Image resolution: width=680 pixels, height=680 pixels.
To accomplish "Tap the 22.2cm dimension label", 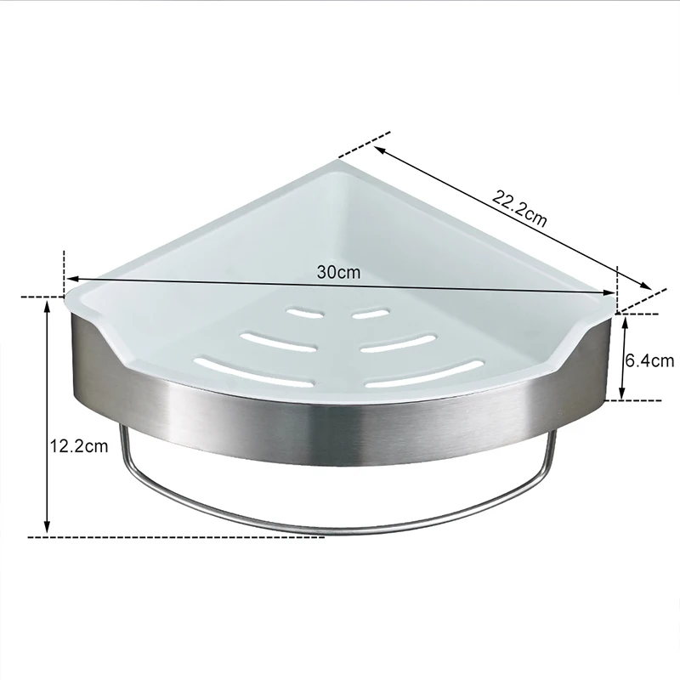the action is pyautogui.click(x=519, y=207).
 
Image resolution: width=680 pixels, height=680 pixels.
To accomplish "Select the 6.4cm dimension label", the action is pyautogui.click(x=649, y=360).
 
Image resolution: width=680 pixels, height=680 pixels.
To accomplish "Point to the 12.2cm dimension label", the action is pyautogui.click(x=79, y=445).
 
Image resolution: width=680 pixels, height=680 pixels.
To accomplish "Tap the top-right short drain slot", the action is pyautogui.click(x=371, y=313).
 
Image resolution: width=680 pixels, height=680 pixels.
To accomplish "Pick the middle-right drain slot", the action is pyautogui.click(x=398, y=343).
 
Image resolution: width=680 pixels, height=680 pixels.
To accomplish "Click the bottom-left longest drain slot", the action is pyautogui.click(x=253, y=371).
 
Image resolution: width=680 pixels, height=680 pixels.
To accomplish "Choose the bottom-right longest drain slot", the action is pyautogui.click(x=425, y=372).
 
